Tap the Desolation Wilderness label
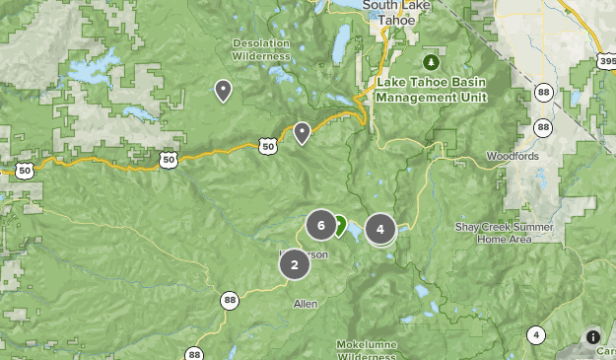261,49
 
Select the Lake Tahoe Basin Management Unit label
432,90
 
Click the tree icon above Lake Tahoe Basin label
431,62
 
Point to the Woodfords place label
512,157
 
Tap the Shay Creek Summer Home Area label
504,233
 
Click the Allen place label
306,304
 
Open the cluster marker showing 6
321,225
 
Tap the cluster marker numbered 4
380,229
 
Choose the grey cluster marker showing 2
294,264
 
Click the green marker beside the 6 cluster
339,226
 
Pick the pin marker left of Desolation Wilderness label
224,91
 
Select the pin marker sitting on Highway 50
303,132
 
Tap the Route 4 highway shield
535,334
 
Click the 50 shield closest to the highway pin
267,146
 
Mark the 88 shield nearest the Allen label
230,301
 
